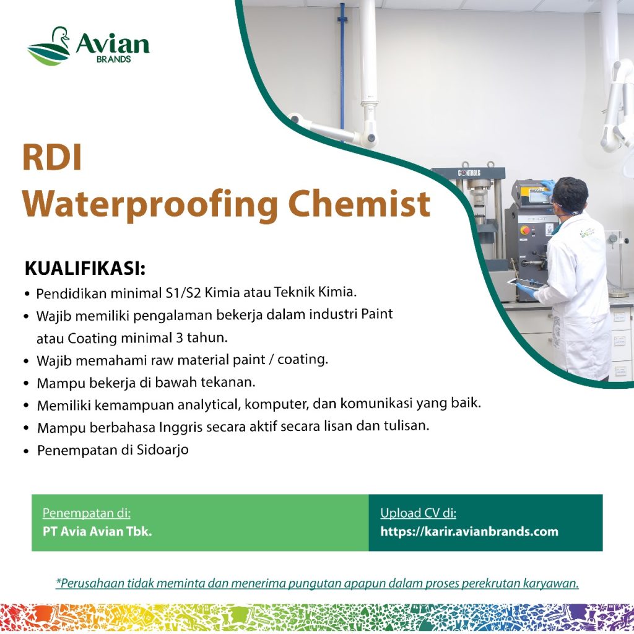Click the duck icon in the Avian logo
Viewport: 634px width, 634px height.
tap(49, 46)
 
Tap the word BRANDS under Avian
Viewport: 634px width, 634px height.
tap(114, 59)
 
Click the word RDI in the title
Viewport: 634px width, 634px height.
tap(52, 157)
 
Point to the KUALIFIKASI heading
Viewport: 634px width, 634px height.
tap(85, 269)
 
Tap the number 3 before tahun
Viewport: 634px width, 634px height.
tap(179, 337)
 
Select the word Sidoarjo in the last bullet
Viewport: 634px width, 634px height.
tap(163, 449)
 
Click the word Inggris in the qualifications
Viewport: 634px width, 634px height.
tap(180, 427)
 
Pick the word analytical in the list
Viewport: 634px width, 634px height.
tap(209, 405)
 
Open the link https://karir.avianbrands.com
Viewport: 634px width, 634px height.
tap(469, 531)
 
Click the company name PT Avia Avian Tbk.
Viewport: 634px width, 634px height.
tap(97, 531)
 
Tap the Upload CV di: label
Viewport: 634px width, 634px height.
tap(418, 513)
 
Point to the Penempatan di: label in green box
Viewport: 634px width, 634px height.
tap(87, 513)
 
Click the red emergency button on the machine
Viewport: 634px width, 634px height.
tap(525, 230)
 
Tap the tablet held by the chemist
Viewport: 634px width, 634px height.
tap(526, 284)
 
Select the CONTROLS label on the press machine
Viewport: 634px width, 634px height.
tap(469, 173)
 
